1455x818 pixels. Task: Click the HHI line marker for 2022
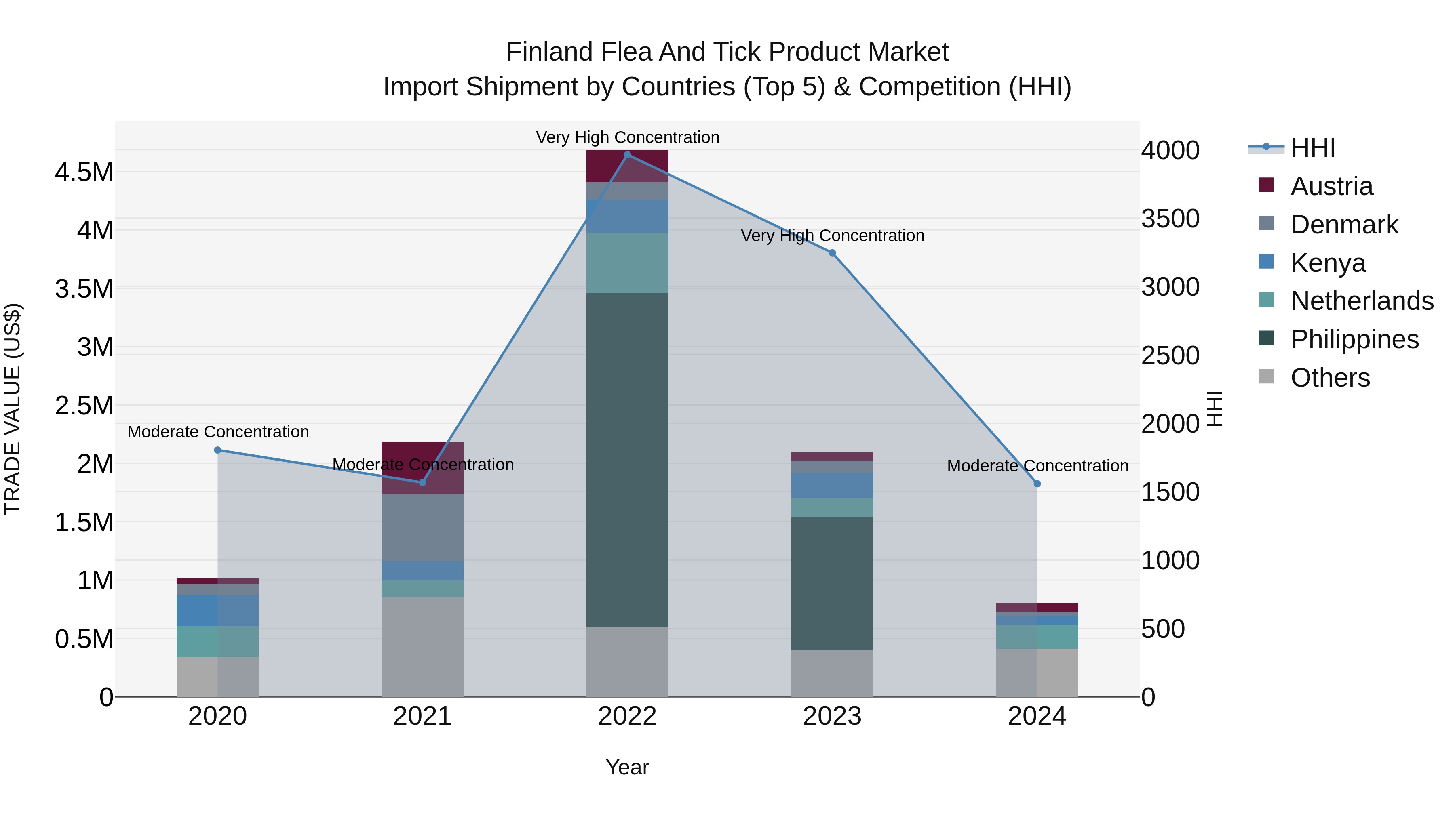[x=627, y=155]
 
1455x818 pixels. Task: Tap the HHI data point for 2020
[x=217, y=450]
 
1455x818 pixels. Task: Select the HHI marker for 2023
[x=832, y=253]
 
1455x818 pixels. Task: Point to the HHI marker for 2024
[x=1037, y=484]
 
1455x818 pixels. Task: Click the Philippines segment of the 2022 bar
[x=627, y=460]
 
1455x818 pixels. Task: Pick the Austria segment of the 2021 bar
[x=422, y=467]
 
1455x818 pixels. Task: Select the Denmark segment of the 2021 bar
[x=422, y=527]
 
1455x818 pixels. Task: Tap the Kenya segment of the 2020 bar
[x=217, y=610]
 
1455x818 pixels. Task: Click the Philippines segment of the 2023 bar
[x=832, y=584]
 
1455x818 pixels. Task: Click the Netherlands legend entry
[x=1362, y=301]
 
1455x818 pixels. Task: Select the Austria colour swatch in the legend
[x=1266, y=185]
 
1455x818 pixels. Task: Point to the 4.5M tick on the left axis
[x=84, y=172]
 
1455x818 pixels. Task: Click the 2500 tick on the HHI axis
[x=1170, y=355]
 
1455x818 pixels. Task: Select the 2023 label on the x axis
[x=832, y=716]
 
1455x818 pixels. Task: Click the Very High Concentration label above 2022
[x=627, y=137]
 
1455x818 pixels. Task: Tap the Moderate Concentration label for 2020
[x=218, y=432]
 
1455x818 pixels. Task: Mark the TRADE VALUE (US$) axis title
[x=13, y=409]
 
